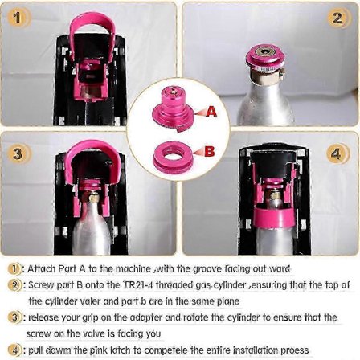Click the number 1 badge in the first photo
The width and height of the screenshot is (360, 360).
click(x=18, y=18)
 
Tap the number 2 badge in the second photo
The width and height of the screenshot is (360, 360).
click(x=337, y=18)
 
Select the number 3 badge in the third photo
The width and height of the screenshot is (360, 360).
click(x=18, y=154)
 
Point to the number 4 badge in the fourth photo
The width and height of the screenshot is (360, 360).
click(x=337, y=154)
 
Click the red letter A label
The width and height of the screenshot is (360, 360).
click(x=211, y=111)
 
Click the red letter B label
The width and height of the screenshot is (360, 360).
click(x=210, y=151)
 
